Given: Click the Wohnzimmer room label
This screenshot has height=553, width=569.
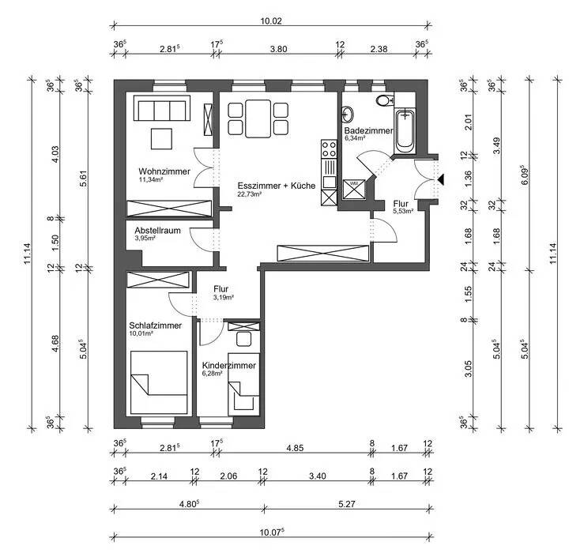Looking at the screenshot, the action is coord(164,171).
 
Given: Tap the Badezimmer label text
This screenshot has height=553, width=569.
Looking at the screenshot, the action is coord(369,130).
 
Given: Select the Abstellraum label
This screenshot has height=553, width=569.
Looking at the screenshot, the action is coord(157,231).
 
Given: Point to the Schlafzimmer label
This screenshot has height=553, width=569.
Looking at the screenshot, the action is coord(156,325).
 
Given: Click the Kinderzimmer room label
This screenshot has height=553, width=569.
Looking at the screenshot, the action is coord(229,366).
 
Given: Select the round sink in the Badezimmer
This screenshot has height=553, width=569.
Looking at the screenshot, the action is coord(347,115).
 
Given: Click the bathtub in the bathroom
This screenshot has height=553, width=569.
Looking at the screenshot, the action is coord(405,131).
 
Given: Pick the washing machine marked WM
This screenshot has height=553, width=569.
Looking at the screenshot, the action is coord(353,189).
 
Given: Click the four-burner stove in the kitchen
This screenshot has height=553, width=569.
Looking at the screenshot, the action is coord(329,149).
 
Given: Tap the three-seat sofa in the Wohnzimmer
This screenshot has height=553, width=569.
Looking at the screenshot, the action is coord(162,108).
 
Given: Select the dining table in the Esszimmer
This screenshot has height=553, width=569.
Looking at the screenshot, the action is coord(258,119).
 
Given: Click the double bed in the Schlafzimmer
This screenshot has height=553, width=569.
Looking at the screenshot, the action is coord(159,382).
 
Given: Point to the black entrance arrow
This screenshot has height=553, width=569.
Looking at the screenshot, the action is coord(441,179).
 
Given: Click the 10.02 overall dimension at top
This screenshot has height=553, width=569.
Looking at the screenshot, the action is coord(271,21).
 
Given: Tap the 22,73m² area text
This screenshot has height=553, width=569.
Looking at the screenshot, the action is coord(250,194).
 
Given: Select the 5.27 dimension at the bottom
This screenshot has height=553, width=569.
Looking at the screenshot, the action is coord(347,504).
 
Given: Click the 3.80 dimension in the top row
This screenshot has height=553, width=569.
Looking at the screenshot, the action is coord(279,49).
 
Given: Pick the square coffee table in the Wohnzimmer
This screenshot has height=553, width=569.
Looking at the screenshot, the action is coord(161,138).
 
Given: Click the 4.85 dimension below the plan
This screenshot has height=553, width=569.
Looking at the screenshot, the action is coord(295,448).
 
